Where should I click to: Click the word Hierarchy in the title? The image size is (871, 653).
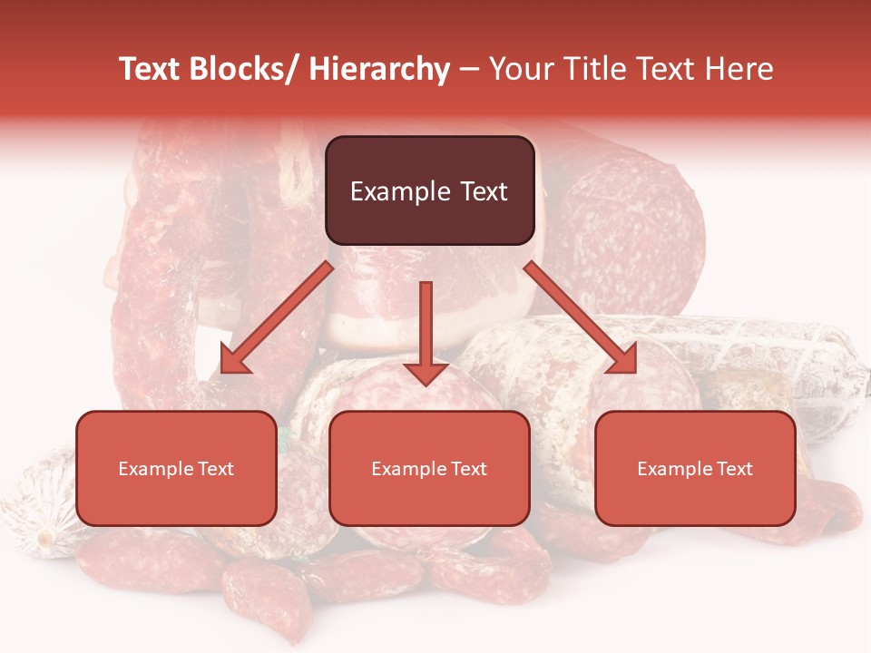(x=379, y=70)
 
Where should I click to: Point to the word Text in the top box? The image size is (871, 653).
(x=483, y=192)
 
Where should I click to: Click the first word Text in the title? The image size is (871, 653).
(x=152, y=70)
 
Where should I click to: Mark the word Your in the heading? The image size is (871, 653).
(x=520, y=70)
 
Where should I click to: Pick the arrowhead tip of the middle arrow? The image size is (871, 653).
(x=426, y=385)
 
